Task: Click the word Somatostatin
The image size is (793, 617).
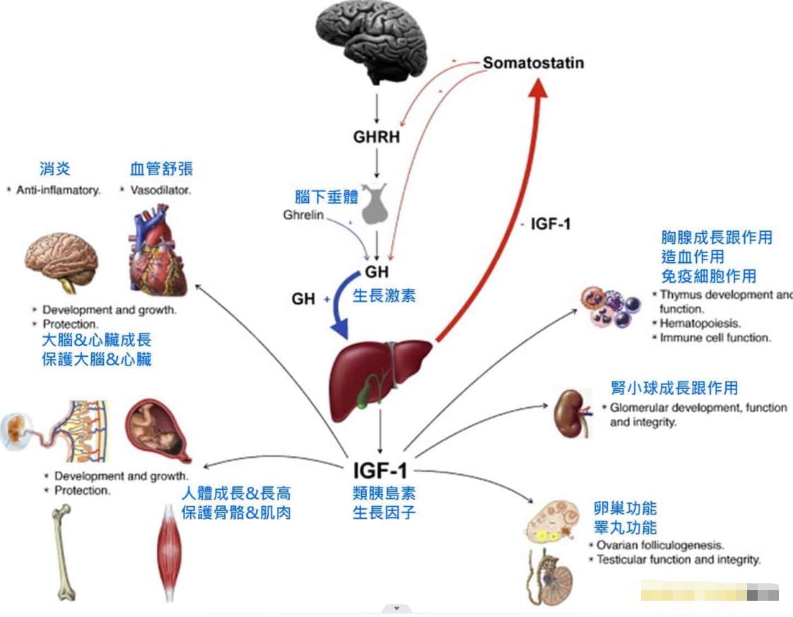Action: click(x=534, y=63)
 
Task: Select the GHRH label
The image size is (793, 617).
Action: click(x=377, y=136)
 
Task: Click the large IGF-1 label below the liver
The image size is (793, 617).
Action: click(x=380, y=471)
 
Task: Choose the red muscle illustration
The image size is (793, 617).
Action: click(x=170, y=551)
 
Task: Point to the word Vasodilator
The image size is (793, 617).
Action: click(x=160, y=190)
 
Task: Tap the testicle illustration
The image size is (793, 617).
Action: click(x=555, y=577)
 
